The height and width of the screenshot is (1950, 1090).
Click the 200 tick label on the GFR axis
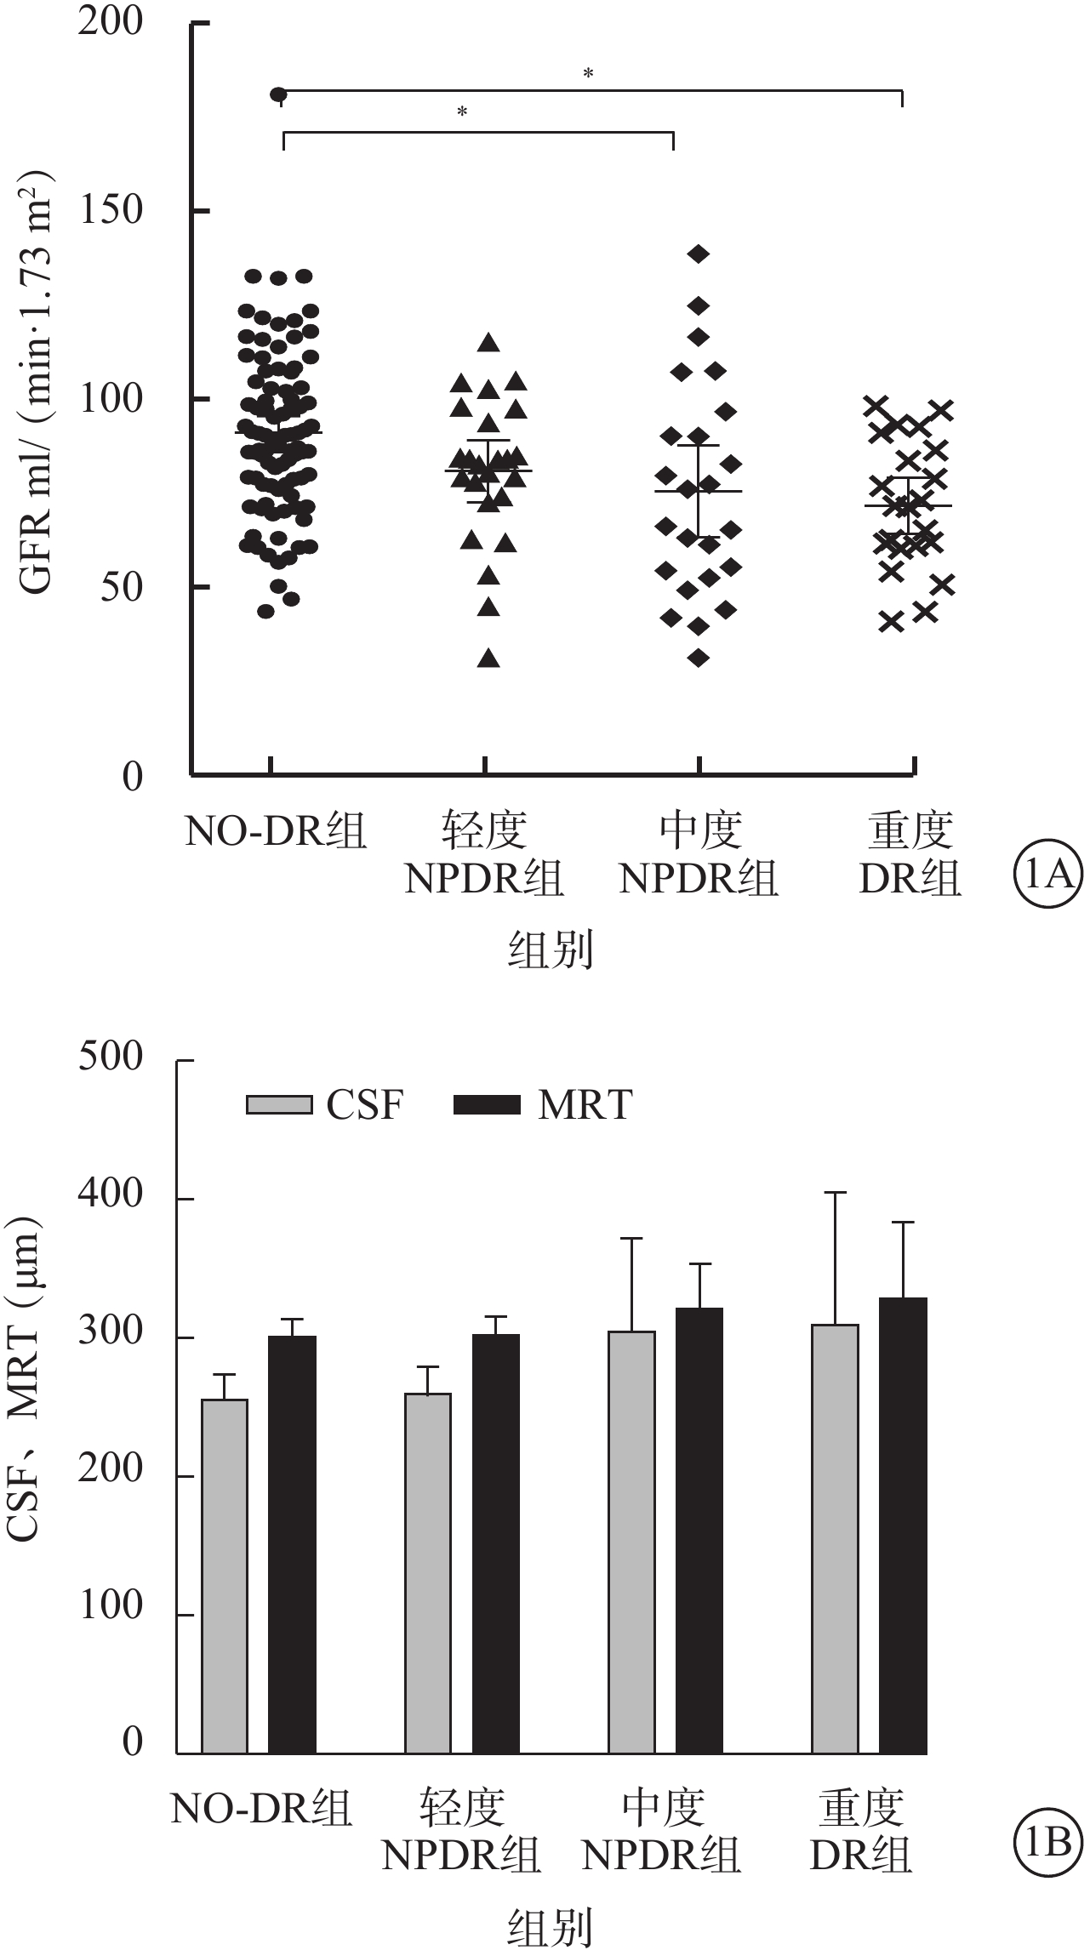tap(110, 22)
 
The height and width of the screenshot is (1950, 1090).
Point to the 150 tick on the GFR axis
tap(110, 210)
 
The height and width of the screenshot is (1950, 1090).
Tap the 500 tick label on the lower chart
tap(110, 1057)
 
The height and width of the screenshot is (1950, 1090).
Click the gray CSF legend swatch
tap(278, 1104)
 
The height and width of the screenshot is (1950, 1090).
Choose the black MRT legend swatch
tap(486, 1104)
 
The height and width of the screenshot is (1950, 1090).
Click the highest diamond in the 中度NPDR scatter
tap(699, 254)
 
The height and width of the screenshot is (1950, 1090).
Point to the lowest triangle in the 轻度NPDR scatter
tap(488, 658)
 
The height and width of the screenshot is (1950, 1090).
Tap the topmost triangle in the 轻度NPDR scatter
tap(488, 342)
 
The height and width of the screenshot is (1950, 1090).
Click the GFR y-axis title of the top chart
tap(37, 383)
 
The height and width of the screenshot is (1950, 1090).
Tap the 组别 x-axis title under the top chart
tap(550, 950)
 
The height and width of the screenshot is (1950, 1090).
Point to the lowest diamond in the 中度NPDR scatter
tap(699, 658)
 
